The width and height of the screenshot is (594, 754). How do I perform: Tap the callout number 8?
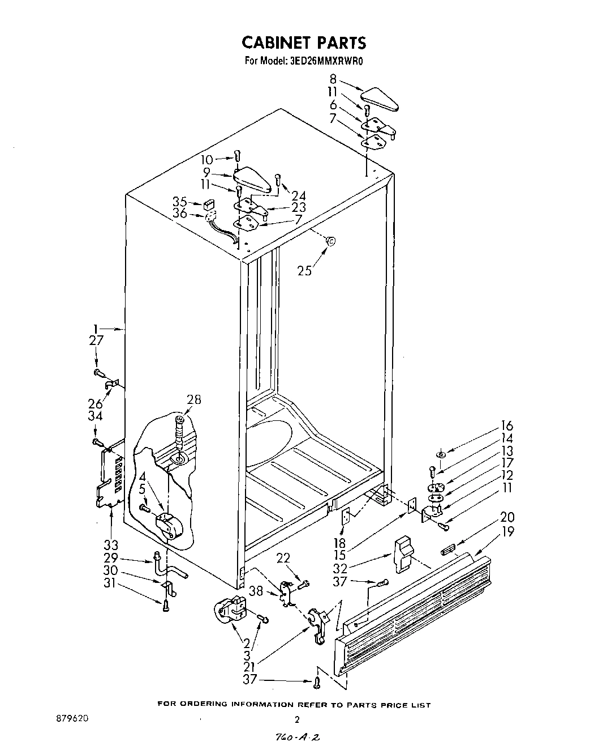[334, 80]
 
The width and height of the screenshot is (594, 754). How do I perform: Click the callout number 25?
[304, 271]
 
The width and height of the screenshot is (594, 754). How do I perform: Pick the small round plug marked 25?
[331, 241]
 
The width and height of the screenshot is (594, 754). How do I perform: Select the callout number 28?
[193, 400]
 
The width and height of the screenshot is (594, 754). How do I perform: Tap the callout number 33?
[110, 546]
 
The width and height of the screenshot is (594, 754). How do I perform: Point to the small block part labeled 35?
[209, 202]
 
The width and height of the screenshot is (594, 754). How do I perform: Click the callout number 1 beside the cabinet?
[96, 328]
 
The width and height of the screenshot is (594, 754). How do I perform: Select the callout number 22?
[284, 559]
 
